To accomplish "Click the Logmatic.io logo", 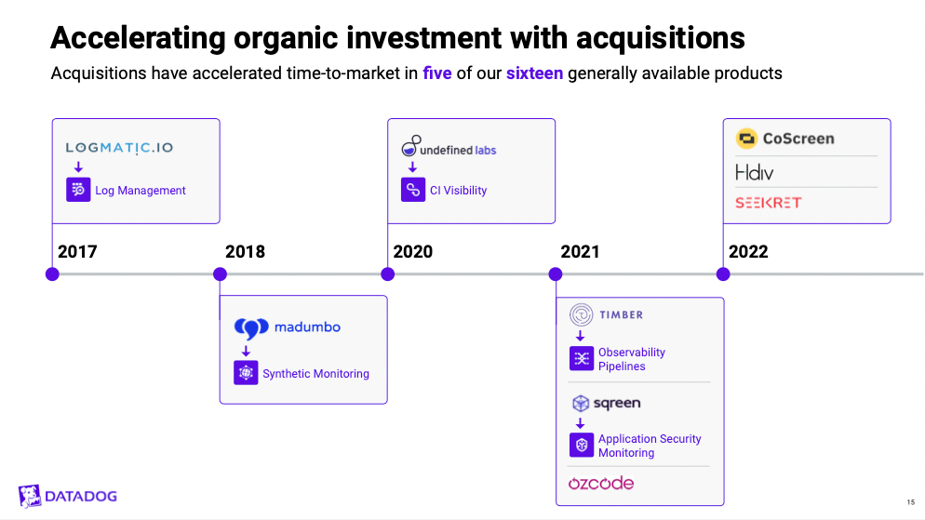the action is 119,147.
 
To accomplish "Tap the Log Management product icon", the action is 78,190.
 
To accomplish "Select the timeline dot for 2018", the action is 220,274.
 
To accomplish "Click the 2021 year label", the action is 580,252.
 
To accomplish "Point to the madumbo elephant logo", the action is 251,328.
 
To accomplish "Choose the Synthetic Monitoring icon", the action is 246,373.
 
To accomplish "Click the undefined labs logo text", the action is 458,151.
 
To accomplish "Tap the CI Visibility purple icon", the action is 413,190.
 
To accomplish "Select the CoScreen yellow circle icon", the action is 747,139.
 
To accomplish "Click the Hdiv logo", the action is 754,173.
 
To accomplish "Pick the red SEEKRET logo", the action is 768,203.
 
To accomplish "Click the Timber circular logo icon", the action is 581,314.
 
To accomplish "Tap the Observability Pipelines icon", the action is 582,358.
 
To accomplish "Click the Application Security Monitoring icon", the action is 582,446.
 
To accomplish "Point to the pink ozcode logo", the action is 601,484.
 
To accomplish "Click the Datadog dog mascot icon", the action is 30,496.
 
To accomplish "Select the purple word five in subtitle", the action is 437,73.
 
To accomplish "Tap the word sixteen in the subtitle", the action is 534,73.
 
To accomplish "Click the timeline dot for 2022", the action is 723,274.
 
